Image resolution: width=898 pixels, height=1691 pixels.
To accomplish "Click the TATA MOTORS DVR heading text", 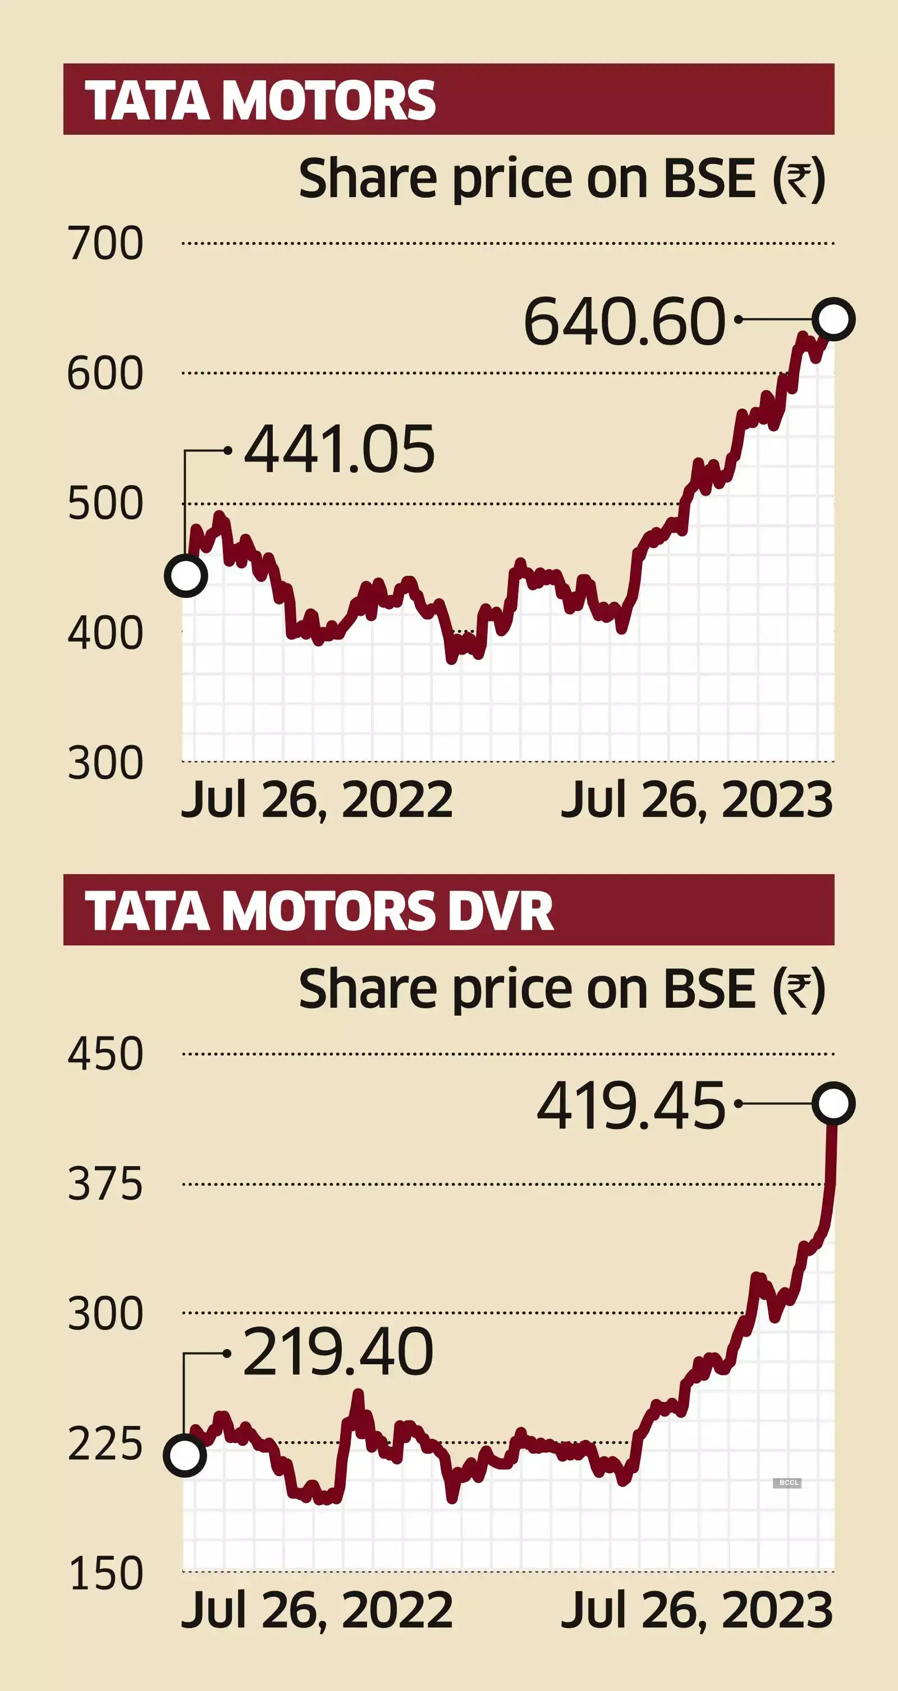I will click(x=319, y=911).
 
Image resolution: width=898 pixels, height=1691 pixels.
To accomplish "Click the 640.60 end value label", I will click(x=624, y=322).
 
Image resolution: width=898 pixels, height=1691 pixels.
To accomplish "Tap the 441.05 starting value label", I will click(x=340, y=450).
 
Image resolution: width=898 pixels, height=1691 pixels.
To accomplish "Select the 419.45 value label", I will click(x=631, y=1107).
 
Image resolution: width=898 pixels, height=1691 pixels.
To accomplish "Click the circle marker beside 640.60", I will click(x=833, y=319).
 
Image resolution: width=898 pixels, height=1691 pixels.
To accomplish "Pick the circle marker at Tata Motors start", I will click(x=186, y=575).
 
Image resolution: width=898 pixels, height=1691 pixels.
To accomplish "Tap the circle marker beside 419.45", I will click(x=833, y=1104).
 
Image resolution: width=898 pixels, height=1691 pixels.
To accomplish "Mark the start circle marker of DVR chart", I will click(x=185, y=1455).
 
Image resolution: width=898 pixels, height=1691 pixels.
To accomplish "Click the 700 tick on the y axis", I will click(x=105, y=244).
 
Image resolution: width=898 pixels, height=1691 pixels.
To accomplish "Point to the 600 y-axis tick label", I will click(x=105, y=373).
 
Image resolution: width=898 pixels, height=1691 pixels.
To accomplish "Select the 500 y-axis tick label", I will click(x=105, y=504).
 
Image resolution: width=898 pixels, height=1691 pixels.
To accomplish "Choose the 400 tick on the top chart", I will click(x=105, y=633).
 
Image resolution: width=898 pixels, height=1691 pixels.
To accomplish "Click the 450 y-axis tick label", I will click(x=105, y=1054).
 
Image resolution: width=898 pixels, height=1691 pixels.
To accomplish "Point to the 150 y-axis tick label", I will click(x=105, y=1574).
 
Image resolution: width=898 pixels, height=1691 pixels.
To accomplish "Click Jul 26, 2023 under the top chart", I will click(x=697, y=800).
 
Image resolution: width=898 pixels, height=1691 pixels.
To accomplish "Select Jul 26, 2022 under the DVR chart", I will click(x=317, y=1610).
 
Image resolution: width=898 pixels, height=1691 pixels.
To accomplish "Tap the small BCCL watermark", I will click(x=788, y=1482).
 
